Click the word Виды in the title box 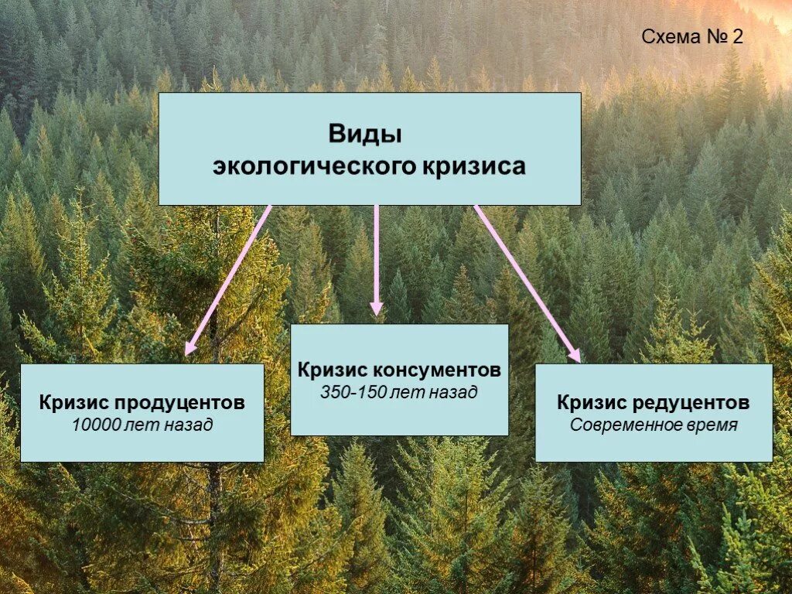point(366,134)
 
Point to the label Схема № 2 point(692,36)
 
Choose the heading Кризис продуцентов point(142,403)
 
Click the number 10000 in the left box point(94,425)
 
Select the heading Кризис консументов point(399,370)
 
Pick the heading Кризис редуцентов point(654,403)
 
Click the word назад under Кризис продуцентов point(187,425)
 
